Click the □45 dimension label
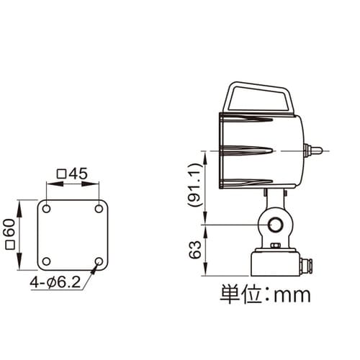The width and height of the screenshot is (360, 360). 72,173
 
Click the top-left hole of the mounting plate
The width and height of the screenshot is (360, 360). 46,208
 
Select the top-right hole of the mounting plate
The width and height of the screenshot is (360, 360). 99,208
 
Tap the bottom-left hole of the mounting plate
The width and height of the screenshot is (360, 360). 46,261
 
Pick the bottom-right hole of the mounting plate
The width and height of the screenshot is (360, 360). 99,261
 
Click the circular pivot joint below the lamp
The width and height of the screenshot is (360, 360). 275,225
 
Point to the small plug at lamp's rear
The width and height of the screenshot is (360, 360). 314,150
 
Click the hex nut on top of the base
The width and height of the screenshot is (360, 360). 275,247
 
